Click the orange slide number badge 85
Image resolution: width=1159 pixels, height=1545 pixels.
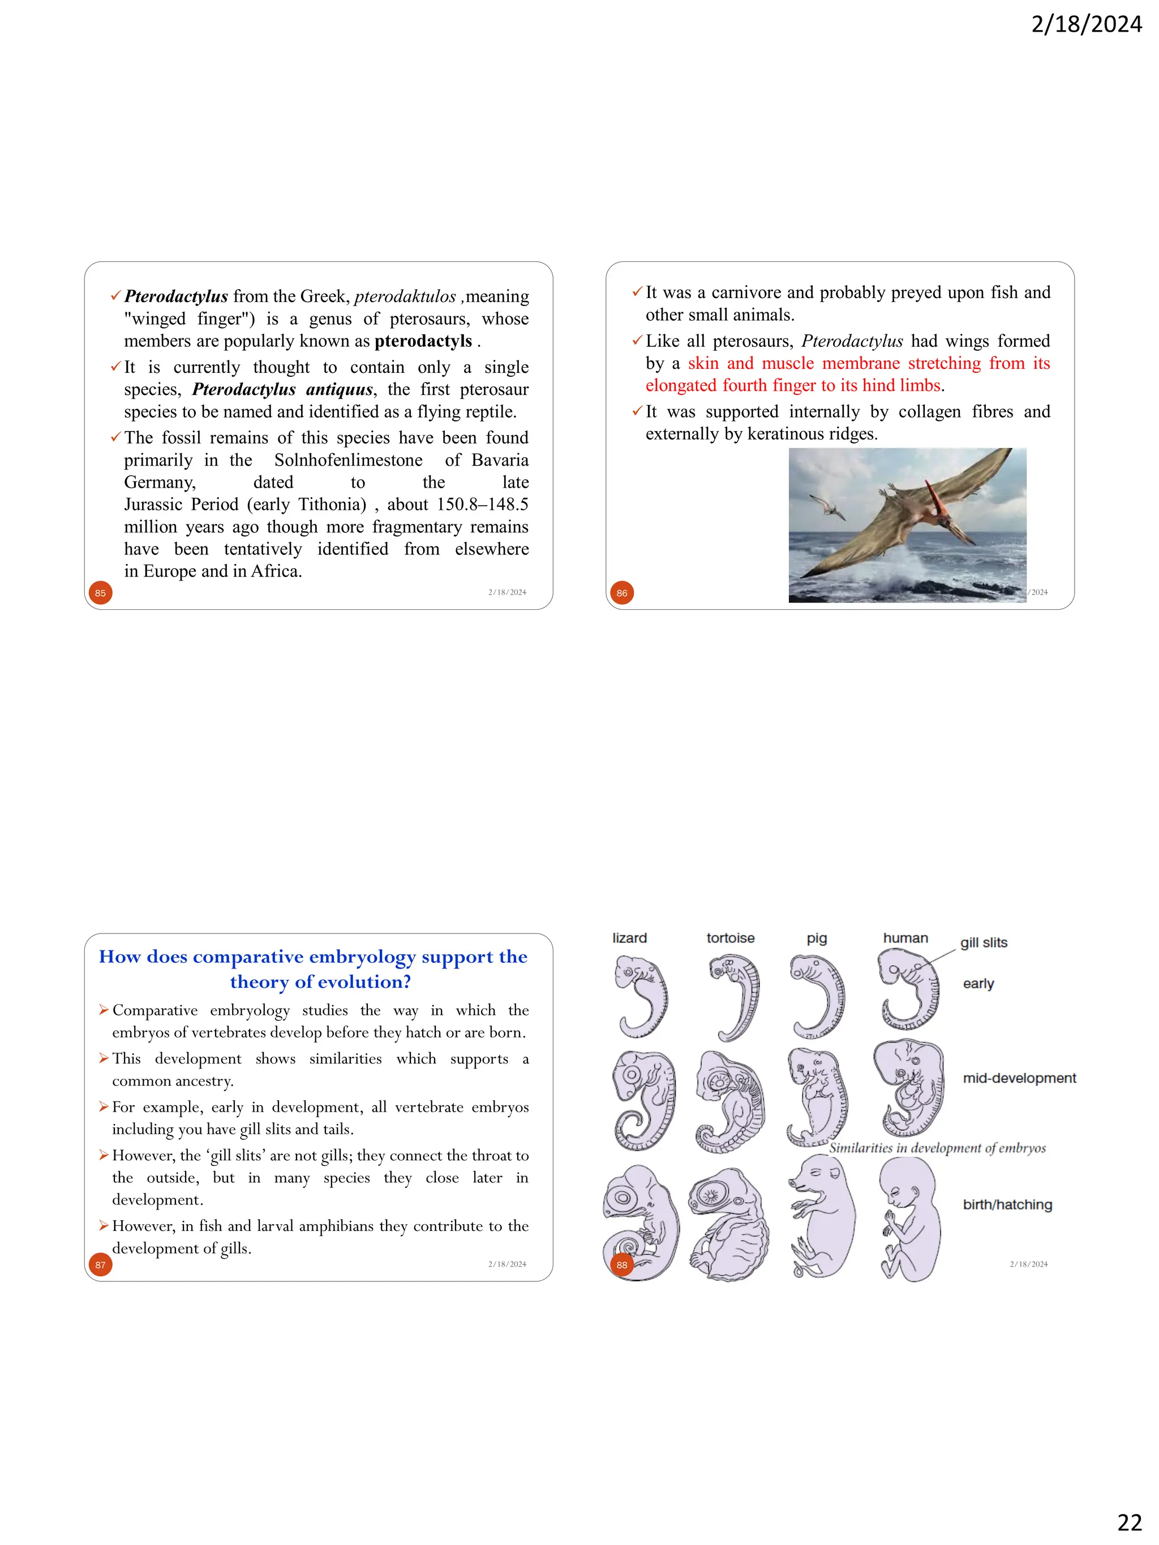tap(101, 593)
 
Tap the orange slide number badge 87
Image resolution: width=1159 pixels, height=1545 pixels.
tap(101, 1265)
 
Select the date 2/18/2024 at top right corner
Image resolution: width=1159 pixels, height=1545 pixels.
tap(1087, 24)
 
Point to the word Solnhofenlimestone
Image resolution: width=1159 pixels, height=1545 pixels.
tap(348, 461)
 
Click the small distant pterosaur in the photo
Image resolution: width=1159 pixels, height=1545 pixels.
tap(828, 506)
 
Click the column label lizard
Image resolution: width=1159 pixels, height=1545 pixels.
tap(629, 938)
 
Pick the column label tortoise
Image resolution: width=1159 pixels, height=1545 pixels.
tap(730, 938)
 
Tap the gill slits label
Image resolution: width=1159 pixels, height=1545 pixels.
tap(983, 943)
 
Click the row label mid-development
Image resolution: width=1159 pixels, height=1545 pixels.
tap(1019, 1078)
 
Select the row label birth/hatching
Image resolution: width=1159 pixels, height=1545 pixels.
tap(1007, 1205)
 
